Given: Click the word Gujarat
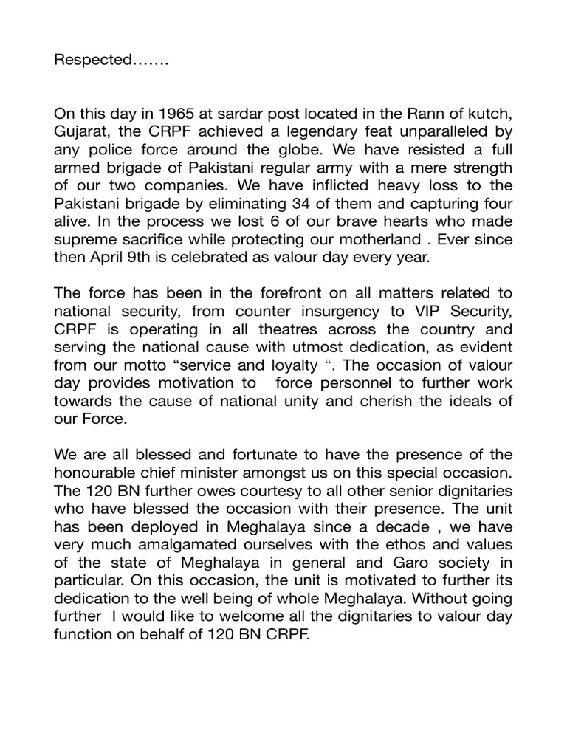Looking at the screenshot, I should tap(80, 132).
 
